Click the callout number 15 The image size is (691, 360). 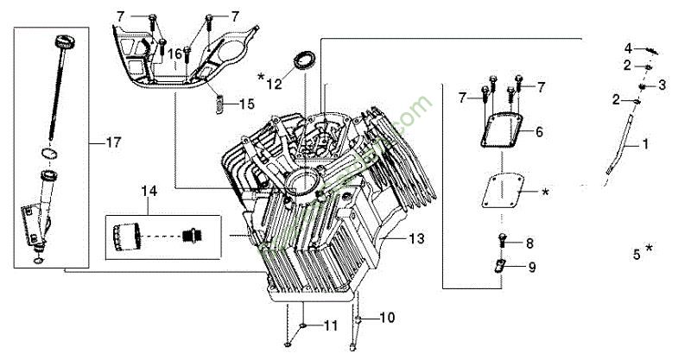(x=246, y=104)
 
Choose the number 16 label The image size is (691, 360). (x=175, y=54)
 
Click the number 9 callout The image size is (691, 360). (x=531, y=268)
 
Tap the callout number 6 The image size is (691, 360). (x=538, y=132)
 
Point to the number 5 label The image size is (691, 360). (x=637, y=254)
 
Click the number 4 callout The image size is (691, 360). (x=629, y=47)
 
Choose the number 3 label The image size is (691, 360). (x=662, y=85)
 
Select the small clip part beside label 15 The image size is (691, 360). (x=219, y=103)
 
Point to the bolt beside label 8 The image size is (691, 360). (x=503, y=243)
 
